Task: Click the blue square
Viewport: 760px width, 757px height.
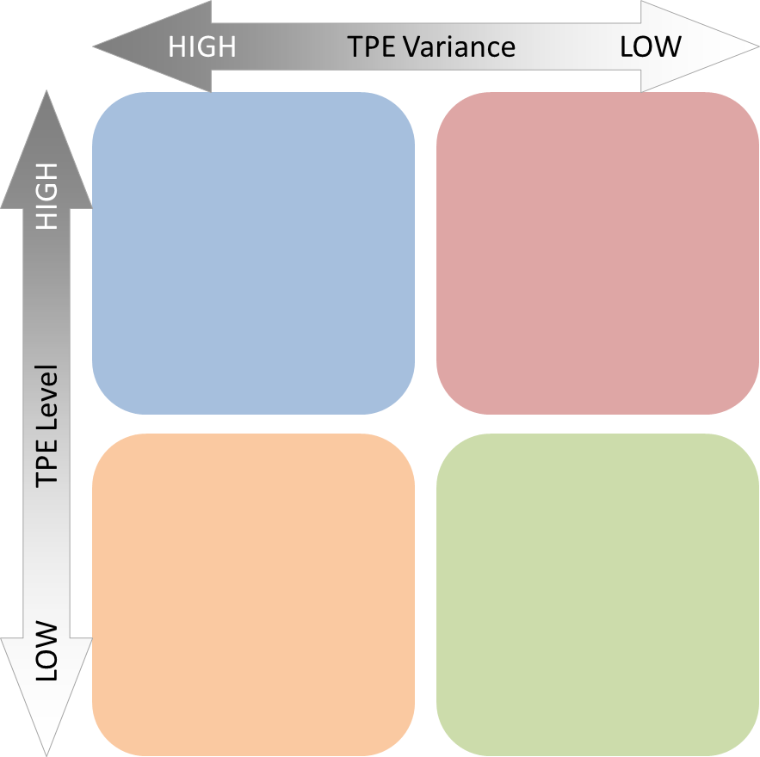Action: point(253,253)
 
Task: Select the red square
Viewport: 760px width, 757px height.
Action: point(597,253)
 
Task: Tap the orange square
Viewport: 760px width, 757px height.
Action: point(253,594)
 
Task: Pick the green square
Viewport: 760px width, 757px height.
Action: point(597,594)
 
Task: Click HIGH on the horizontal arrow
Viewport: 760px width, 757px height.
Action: point(201,46)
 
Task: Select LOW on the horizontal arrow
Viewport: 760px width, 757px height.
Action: point(650,46)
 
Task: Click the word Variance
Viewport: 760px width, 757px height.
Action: point(460,46)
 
